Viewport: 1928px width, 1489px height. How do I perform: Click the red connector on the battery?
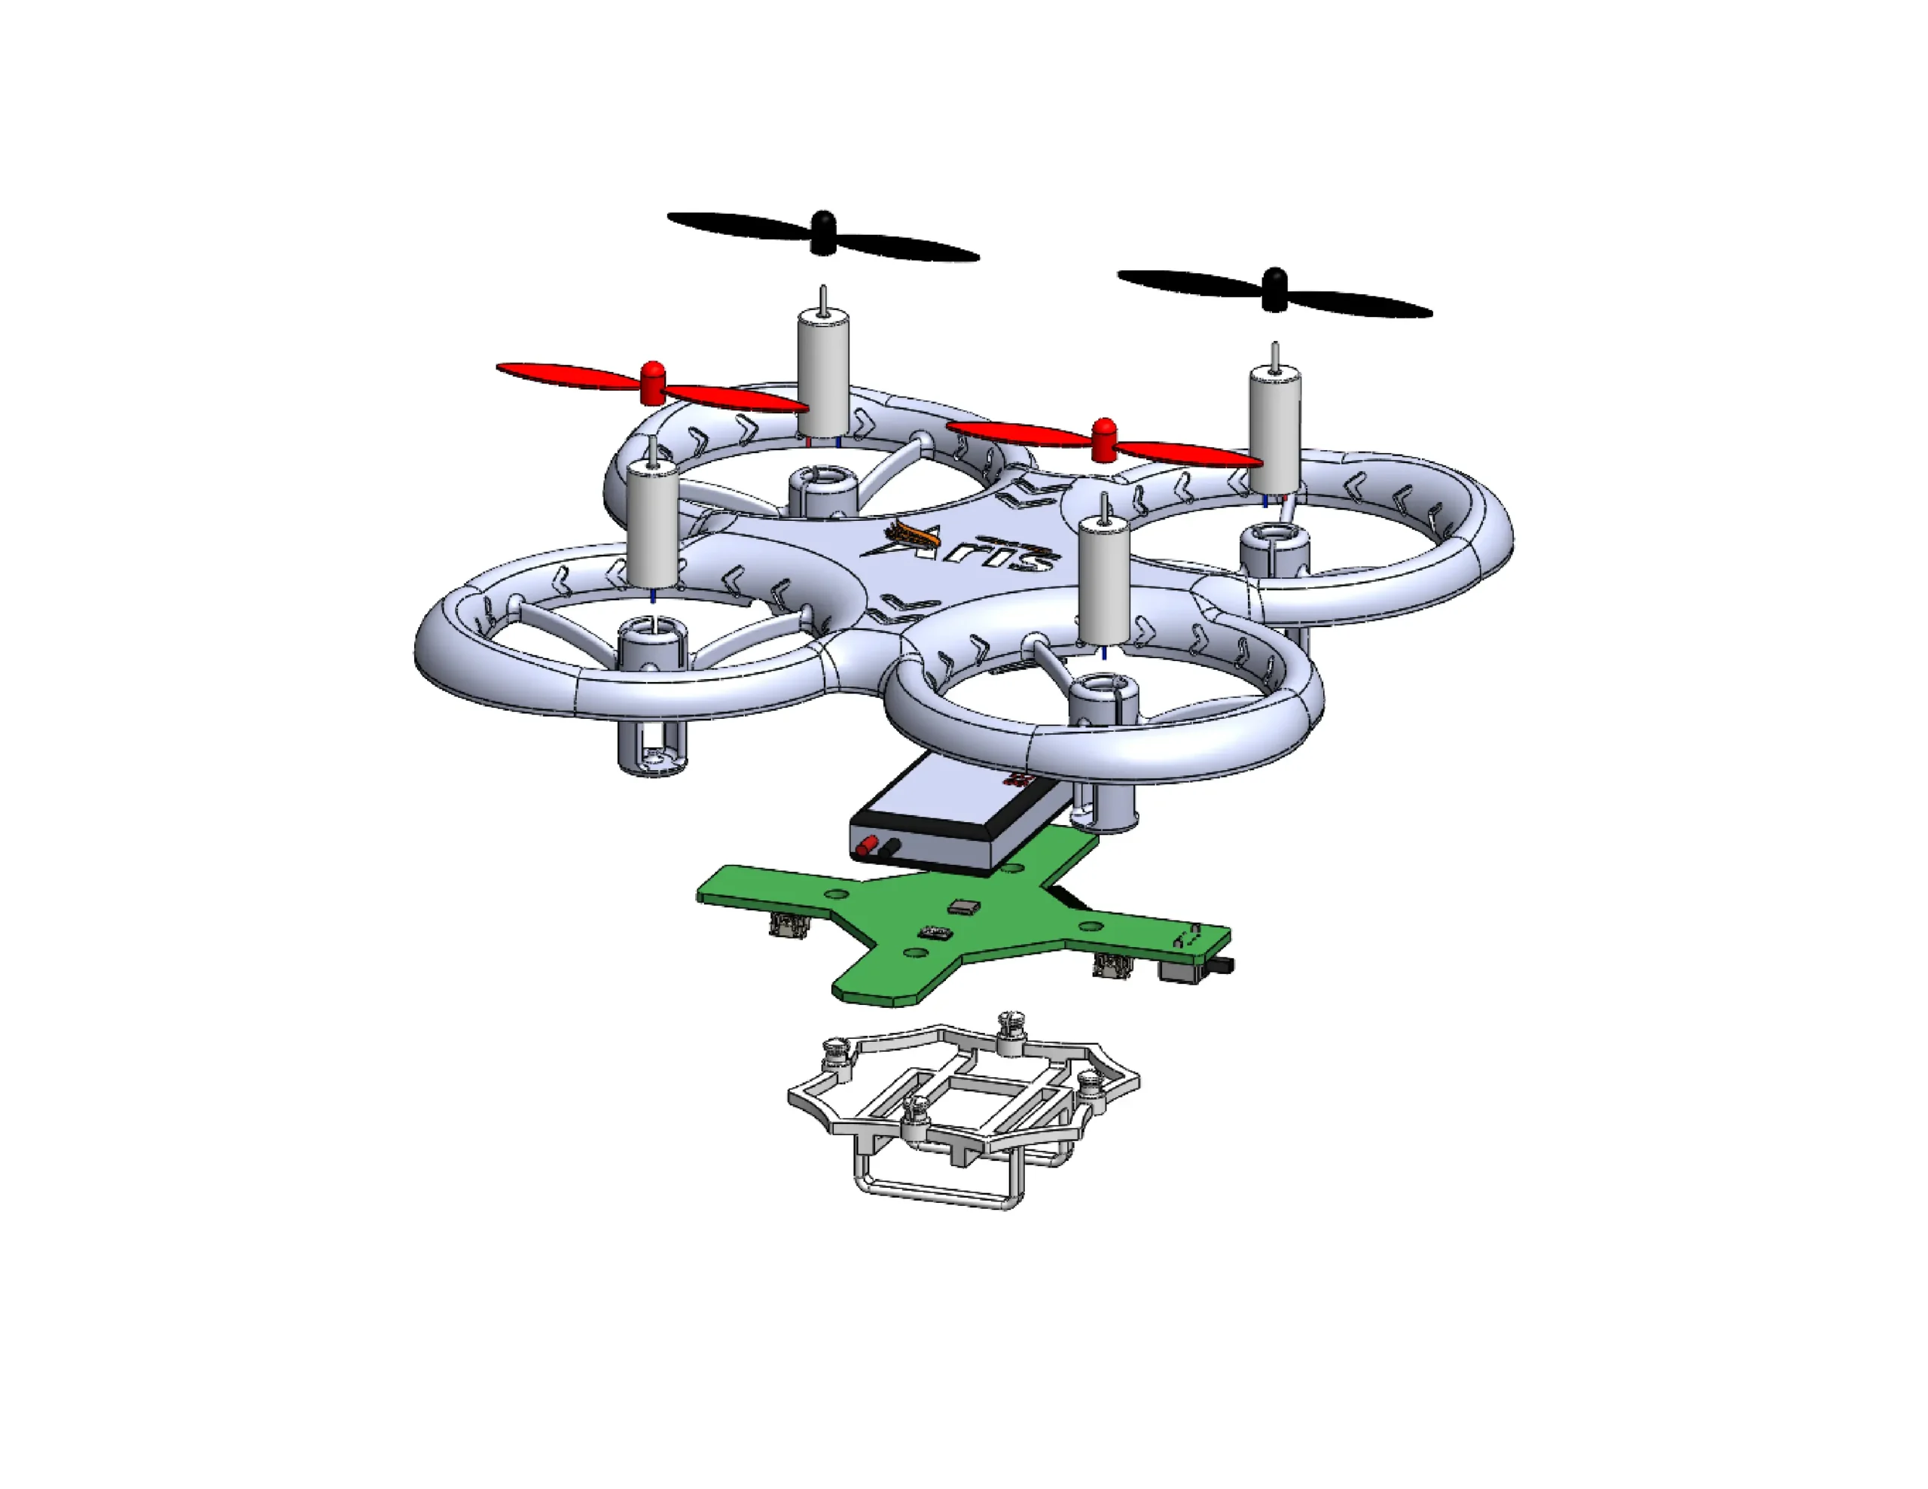[x=871, y=845]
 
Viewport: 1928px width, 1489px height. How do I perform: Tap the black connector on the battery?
[x=892, y=848]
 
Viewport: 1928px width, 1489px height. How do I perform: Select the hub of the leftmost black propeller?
[x=822, y=231]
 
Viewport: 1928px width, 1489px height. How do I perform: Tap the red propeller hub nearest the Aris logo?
[x=1103, y=439]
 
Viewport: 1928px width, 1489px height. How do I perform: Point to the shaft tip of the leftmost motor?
[x=652, y=439]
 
